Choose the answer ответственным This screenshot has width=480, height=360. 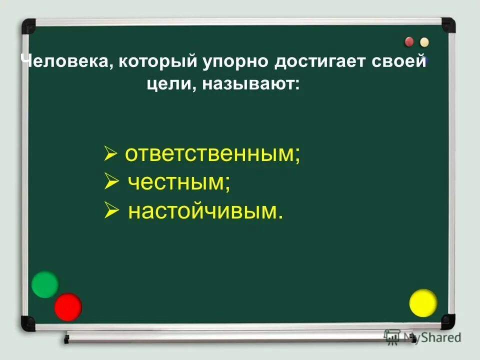point(212,155)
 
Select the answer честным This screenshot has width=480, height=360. point(179,183)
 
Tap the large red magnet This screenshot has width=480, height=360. point(68,306)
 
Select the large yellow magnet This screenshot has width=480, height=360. point(423,303)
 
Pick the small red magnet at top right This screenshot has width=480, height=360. point(409,41)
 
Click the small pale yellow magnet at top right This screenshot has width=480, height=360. point(424,42)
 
